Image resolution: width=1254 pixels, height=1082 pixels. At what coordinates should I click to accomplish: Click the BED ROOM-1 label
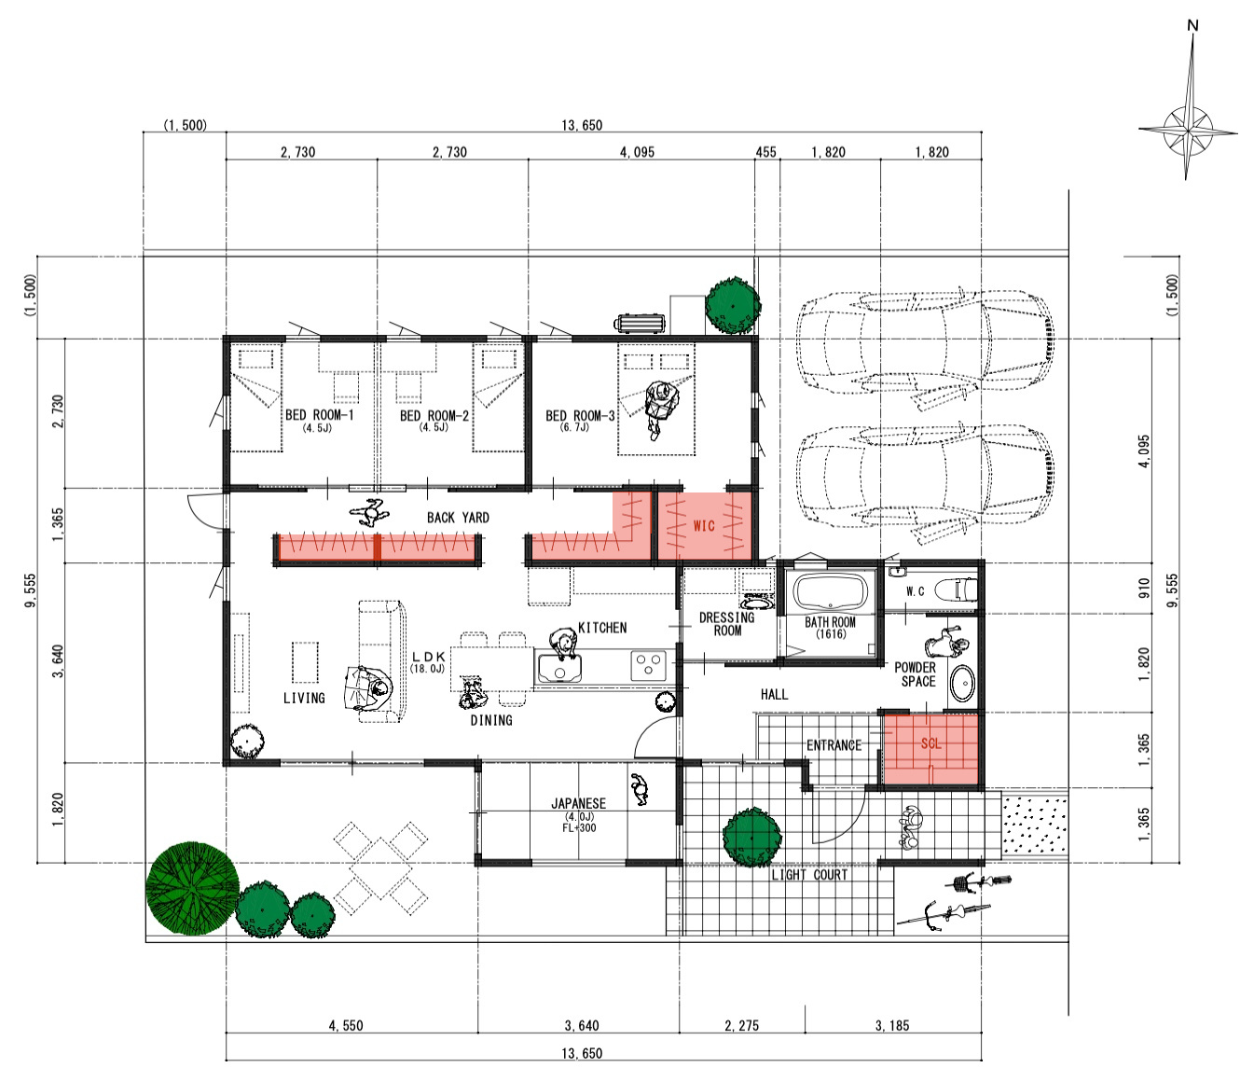tap(319, 415)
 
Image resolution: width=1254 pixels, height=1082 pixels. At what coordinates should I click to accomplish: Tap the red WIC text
tap(704, 525)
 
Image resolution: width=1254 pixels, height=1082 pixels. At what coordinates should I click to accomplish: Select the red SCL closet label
tap(930, 743)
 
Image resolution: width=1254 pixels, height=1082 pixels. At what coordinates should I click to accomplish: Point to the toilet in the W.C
tap(957, 590)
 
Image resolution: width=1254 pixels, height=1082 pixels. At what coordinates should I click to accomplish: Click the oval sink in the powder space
tap(961, 684)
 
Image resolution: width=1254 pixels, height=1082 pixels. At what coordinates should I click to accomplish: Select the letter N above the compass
tap(1192, 25)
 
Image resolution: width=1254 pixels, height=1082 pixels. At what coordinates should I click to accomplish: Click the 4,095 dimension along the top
tap(637, 152)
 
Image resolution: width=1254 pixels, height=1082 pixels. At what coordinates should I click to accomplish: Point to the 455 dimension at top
tap(765, 152)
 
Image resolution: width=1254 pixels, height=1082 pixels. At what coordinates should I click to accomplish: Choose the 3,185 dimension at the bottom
tap(892, 1025)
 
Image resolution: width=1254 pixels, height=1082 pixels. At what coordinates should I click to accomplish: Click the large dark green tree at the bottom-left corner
tap(193, 888)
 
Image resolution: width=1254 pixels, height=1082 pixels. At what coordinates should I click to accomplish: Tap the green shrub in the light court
tap(751, 838)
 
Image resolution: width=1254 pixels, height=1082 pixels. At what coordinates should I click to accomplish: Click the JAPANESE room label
tap(578, 803)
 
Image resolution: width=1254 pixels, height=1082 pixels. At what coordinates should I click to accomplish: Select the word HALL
tap(774, 694)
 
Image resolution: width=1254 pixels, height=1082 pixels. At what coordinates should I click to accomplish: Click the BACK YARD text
tap(458, 518)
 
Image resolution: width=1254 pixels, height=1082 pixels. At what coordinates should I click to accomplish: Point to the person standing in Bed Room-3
tap(659, 408)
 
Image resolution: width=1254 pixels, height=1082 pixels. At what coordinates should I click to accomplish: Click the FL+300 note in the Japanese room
tap(579, 827)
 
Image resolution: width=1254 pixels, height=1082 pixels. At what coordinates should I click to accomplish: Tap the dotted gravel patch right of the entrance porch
tap(1034, 825)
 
